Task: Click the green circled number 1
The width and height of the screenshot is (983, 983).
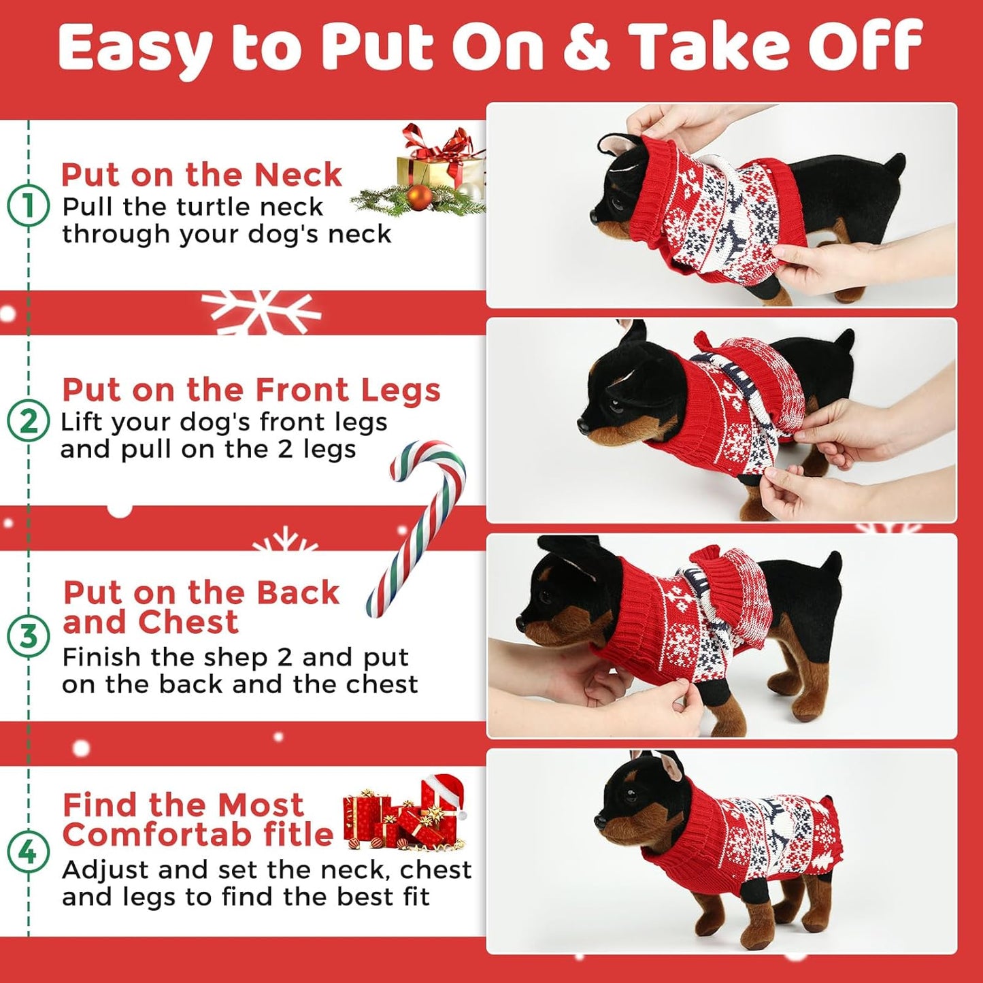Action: (x=28, y=206)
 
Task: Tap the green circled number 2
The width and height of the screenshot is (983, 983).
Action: (x=28, y=421)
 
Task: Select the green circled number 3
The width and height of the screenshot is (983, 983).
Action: (x=28, y=636)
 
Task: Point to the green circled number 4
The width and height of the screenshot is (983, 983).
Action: (x=28, y=852)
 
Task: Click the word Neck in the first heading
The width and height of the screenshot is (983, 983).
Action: (x=297, y=176)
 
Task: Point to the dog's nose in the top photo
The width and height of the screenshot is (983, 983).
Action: (x=595, y=215)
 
